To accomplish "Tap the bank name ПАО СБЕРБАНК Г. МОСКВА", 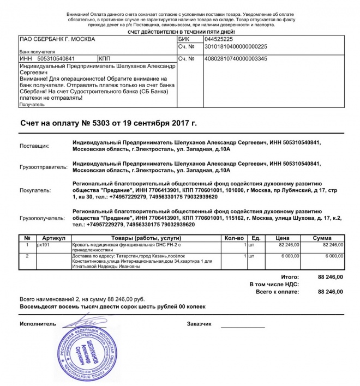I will tap(57, 39).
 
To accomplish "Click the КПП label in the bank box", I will tap(105, 58).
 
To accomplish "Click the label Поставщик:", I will tap(34, 146).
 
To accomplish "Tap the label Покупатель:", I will tap(35, 191).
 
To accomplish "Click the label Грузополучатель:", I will tap(42, 218).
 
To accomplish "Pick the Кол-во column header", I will tap(233, 238).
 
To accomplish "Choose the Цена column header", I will tap(282, 238).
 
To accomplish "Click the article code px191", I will tap(43, 245).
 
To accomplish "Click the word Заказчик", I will tap(199, 324).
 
